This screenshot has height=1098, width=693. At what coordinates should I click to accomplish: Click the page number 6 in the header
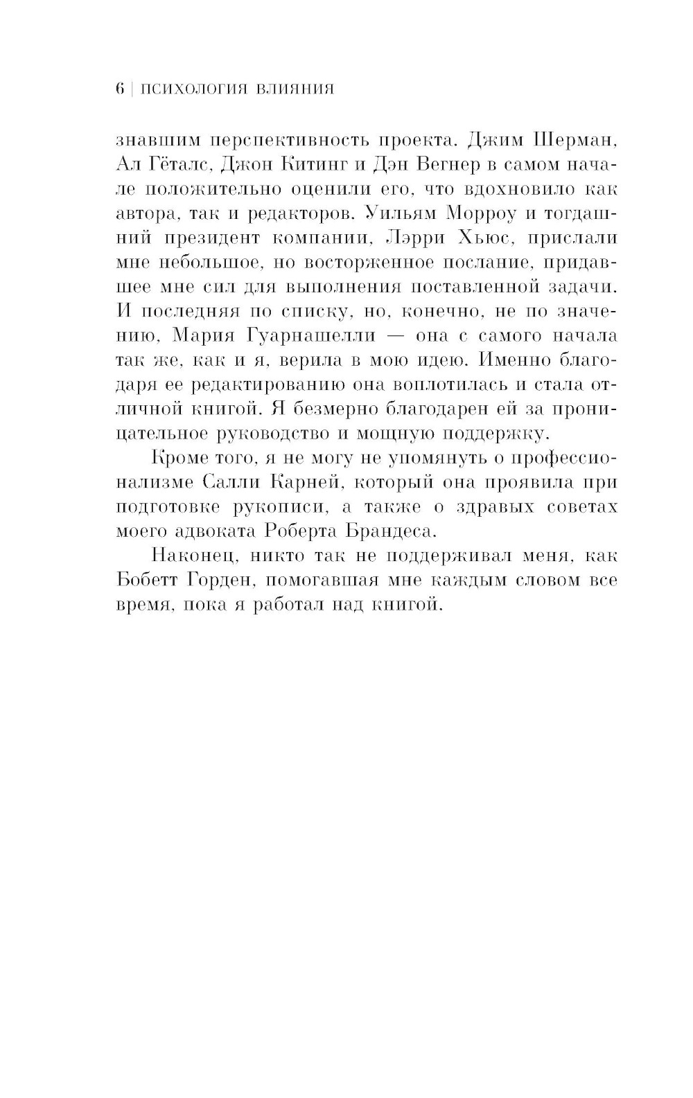[119, 89]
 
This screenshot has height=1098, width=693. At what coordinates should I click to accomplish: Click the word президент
[208, 238]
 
